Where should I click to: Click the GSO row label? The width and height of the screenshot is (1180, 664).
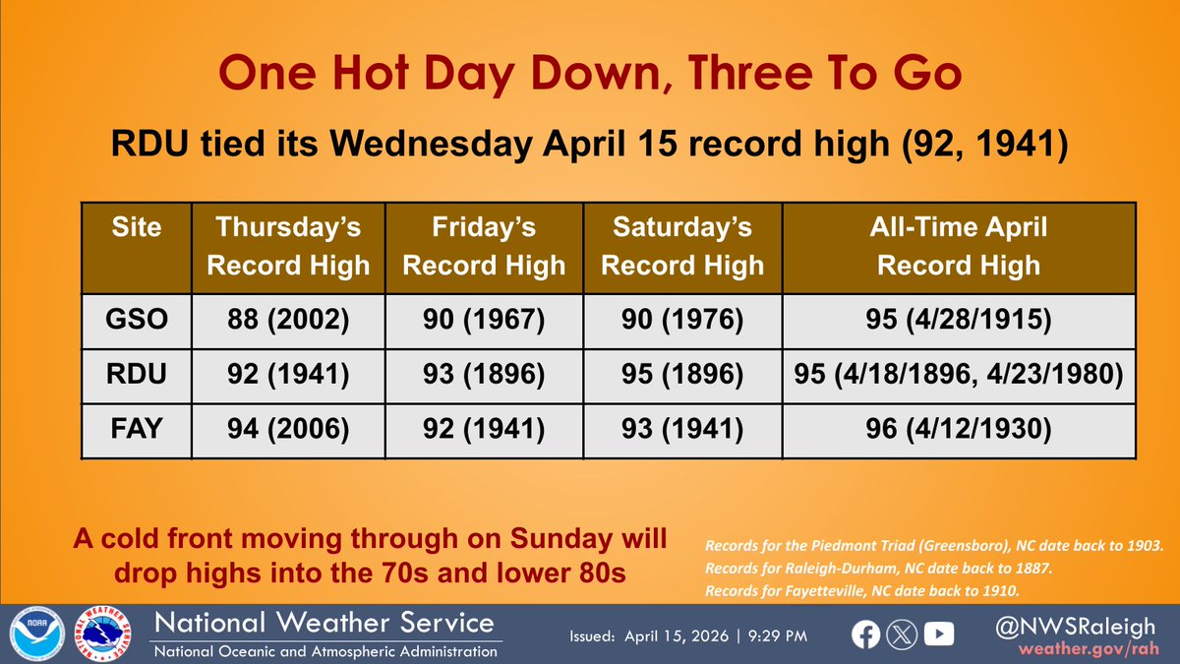click(137, 320)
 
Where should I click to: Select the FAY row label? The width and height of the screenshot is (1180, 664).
click(137, 430)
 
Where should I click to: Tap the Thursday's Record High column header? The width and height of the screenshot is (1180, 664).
click(288, 247)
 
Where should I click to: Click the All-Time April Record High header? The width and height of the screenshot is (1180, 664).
click(959, 247)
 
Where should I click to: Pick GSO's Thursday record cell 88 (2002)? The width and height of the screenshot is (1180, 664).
click(288, 320)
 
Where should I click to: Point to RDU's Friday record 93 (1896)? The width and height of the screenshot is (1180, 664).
click(484, 375)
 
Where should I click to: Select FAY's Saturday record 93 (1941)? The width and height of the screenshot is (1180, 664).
click(682, 430)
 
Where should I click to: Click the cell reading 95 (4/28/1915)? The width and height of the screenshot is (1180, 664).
click(959, 320)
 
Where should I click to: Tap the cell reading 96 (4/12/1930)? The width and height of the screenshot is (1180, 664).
click(959, 430)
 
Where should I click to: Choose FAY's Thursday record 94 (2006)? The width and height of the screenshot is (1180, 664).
click(288, 430)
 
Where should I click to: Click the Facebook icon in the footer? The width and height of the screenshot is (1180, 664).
click(866, 635)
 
